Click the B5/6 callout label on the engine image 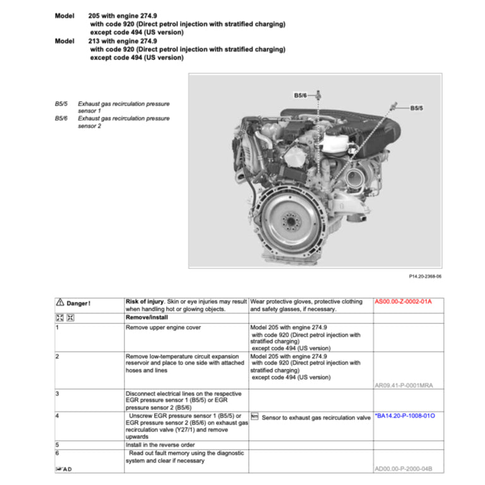coord(300,95)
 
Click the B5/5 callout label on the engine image coord(417,108)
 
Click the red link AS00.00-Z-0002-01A coord(403,302)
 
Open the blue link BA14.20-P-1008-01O coord(404,416)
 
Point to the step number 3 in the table coord(57,393)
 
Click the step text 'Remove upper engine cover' coord(163,328)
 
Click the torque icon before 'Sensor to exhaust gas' coord(254,417)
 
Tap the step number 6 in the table coord(57,453)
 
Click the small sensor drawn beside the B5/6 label coord(320,94)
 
